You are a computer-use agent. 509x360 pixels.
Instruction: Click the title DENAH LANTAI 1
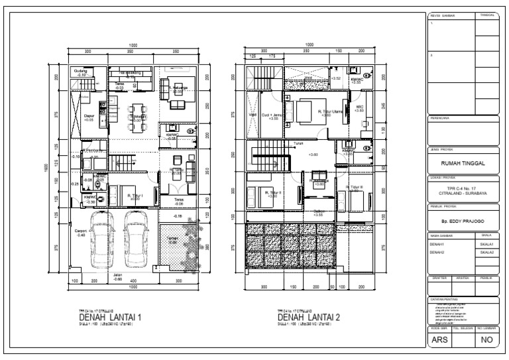[x=110, y=318]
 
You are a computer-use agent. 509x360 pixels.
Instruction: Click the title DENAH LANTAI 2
[x=309, y=318]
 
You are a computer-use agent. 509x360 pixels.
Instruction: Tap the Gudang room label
[x=81, y=72]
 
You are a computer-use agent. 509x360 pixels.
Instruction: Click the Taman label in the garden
[x=172, y=241]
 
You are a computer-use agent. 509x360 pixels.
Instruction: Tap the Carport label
[x=81, y=233]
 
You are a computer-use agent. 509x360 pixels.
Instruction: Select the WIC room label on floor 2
[x=359, y=107]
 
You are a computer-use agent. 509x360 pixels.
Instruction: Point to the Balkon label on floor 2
[x=319, y=212]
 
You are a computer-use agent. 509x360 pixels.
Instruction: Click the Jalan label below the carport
[x=117, y=276]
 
